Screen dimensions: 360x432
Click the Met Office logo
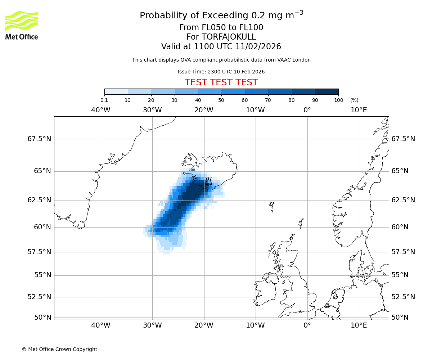point(22,25)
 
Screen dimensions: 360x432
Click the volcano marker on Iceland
point(208,181)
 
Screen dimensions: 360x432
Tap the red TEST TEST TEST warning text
point(221,82)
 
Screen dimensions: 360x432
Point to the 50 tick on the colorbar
point(221,100)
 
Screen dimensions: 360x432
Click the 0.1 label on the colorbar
point(104,100)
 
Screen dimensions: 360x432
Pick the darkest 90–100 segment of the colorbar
point(327,91)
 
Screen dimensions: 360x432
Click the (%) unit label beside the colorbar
point(354,100)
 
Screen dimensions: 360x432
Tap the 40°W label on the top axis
point(100,110)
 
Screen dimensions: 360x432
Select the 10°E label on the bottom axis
point(359,325)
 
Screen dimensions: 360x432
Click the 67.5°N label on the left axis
point(39,139)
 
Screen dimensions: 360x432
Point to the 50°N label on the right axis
point(400,318)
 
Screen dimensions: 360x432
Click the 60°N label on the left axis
point(42,227)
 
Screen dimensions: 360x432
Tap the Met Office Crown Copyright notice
point(59,349)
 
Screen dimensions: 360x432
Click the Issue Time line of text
point(221,72)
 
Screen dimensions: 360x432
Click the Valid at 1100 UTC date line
point(221,46)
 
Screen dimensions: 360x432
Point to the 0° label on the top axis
point(307,110)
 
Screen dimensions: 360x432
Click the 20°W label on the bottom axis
point(204,325)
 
